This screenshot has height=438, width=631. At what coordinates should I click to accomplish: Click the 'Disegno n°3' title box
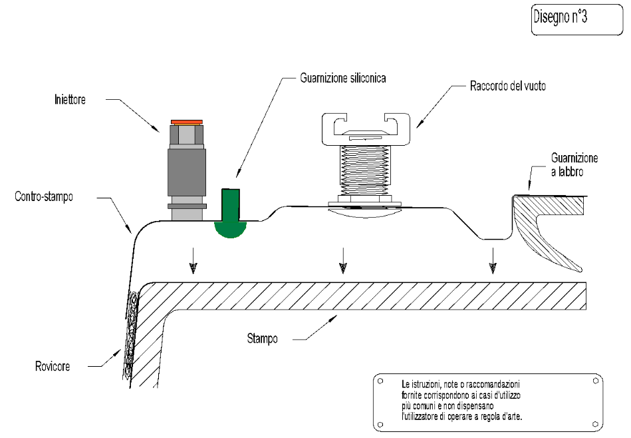(571, 19)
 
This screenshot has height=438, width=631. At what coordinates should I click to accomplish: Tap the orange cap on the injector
(186, 122)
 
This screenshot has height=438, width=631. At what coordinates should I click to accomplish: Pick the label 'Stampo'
(258, 338)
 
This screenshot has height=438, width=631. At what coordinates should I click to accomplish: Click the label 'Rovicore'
(54, 366)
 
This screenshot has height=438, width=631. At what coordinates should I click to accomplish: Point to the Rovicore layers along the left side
(130, 333)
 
